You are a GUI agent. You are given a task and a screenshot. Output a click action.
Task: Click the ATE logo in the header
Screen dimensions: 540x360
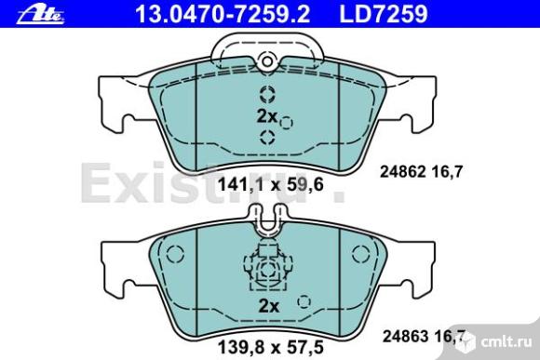(x=40, y=15)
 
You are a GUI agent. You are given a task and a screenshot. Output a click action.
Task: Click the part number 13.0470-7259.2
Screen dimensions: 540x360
(x=223, y=14)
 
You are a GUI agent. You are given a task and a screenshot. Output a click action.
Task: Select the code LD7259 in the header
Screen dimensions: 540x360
(x=384, y=14)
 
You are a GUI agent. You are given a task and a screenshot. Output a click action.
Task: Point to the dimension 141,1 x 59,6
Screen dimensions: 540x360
(x=271, y=185)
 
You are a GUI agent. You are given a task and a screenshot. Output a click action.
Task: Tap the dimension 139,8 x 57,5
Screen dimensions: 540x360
(x=271, y=347)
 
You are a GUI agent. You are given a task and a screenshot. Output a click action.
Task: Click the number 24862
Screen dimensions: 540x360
(x=402, y=172)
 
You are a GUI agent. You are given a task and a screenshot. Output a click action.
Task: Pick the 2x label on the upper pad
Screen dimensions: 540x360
(x=267, y=116)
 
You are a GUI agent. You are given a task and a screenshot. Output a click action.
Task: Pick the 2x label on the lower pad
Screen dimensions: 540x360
(x=269, y=306)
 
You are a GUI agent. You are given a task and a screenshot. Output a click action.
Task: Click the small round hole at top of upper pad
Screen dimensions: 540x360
(x=267, y=61)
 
